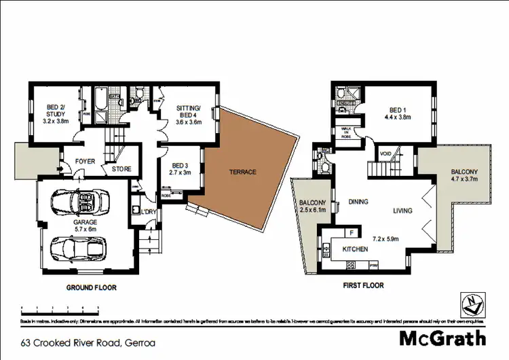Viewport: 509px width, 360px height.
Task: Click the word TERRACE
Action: click(242, 172)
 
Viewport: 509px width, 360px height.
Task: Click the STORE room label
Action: click(121, 168)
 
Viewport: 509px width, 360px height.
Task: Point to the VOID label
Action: click(385, 153)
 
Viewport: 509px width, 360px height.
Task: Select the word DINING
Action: click(358, 202)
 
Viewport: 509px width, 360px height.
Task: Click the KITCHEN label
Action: click(355, 249)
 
